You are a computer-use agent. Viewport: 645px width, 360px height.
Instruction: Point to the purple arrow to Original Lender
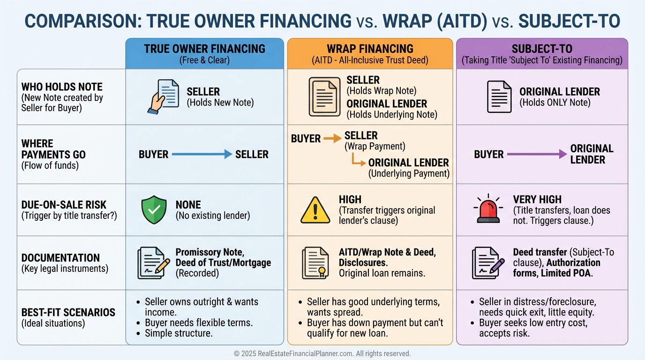tap(537, 154)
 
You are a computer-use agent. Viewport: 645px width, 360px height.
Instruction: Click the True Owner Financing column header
tap(204, 53)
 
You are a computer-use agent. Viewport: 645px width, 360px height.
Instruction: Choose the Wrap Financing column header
tap(370, 53)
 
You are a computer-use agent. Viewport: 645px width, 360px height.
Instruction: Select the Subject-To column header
tap(541, 53)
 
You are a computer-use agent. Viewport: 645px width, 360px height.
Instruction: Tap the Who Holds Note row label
tap(62, 97)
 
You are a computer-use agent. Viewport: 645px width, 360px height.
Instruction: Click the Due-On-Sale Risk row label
tap(64, 210)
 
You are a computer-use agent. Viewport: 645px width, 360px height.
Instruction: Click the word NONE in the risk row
tap(188, 205)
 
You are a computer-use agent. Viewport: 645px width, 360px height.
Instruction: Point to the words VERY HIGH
tap(537, 200)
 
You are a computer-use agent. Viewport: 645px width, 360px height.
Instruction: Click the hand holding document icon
tap(163, 97)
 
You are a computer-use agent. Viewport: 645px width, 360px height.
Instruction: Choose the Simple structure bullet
tap(179, 333)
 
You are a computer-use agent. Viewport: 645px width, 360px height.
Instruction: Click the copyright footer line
tap(322, 353)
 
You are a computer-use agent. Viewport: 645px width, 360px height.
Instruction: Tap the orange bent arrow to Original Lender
tap(359, 162)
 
